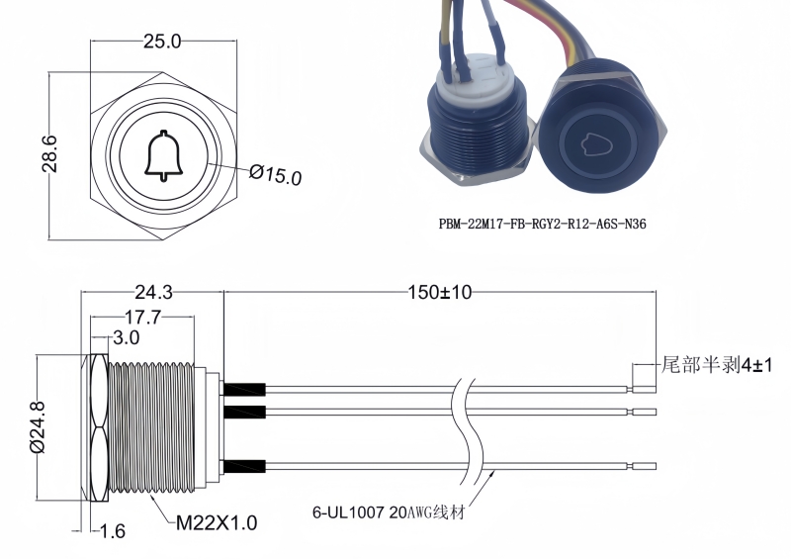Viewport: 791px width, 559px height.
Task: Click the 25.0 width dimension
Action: [x=162, y=42]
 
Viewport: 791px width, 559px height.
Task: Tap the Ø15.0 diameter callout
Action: [x=276, y=175]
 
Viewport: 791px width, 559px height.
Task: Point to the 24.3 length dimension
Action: [x=153, y=293]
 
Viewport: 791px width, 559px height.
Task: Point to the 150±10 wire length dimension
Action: [x=440, y=293]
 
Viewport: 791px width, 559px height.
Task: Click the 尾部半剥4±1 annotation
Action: [x=716, y=365]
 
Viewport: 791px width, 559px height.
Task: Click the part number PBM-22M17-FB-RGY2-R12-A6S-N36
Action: [x=542, y=225]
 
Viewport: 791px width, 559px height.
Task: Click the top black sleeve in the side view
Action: [x=244, y=390]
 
